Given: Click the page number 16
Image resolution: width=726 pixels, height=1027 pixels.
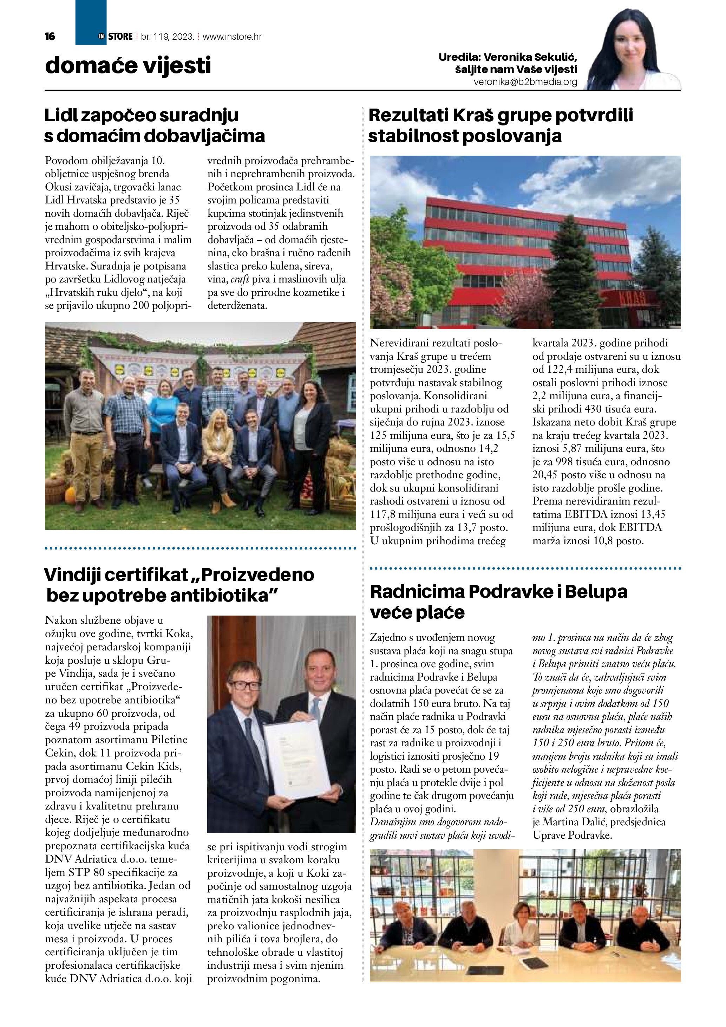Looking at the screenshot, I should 50,37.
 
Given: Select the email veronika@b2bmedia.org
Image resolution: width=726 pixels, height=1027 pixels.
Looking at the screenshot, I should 525,82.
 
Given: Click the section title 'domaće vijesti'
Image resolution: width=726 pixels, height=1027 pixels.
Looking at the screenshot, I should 128,66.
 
